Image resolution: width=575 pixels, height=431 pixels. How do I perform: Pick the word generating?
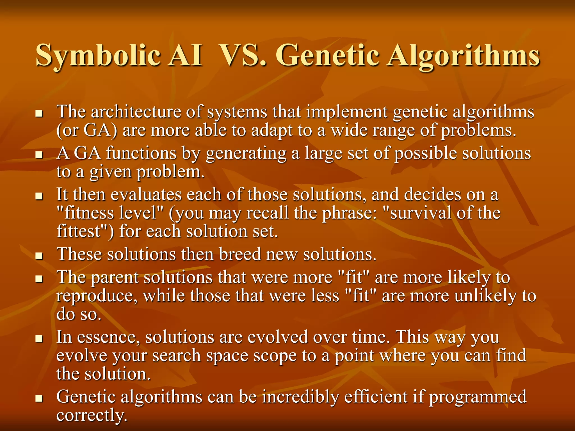246,154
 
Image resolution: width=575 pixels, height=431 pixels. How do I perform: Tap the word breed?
240,254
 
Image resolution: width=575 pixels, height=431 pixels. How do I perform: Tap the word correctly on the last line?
92,415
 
